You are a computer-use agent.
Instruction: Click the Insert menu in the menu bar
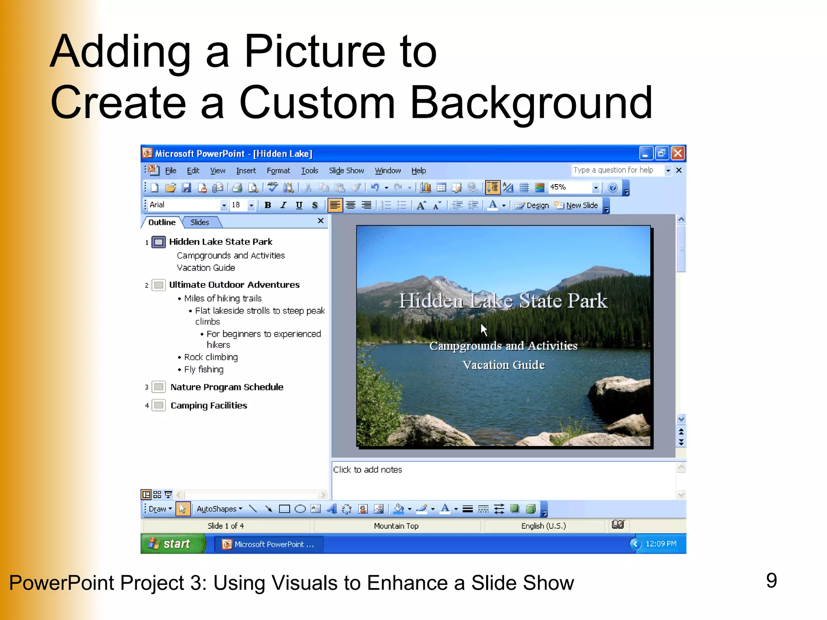tap(246, 171)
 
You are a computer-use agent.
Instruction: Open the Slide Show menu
tap(346, 171)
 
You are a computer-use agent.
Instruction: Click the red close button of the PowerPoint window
tap(678, 153)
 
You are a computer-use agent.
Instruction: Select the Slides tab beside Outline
tap(199, 222)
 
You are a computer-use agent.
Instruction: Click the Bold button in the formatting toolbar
tap(267, 205)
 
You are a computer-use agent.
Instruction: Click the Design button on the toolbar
tap(533, 205)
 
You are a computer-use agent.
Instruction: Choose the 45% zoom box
tap(569, 187)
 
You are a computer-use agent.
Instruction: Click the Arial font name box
tap(184, 205)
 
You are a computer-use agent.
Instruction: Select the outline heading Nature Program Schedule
tap(227, 387)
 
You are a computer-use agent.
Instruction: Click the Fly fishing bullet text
tap(204, 369)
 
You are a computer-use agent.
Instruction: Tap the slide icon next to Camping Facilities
tap(159, 405)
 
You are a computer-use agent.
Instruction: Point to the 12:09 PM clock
tap(661, 544)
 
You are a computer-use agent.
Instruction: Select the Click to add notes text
tap(367, 470)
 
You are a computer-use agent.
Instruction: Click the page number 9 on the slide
tap(771, 580)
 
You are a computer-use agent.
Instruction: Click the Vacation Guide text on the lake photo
tap(503, 365)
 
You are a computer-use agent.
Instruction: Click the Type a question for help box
tap(617, 170)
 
